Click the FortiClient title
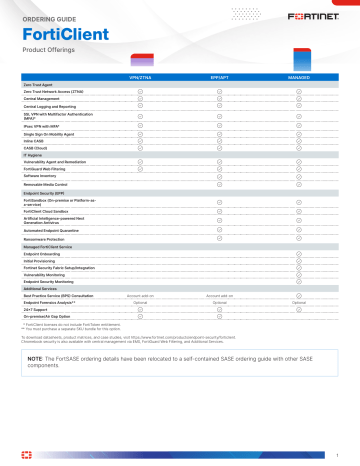pos(58,36)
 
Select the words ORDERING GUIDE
pos(50,19)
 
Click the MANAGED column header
pos(297,77)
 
